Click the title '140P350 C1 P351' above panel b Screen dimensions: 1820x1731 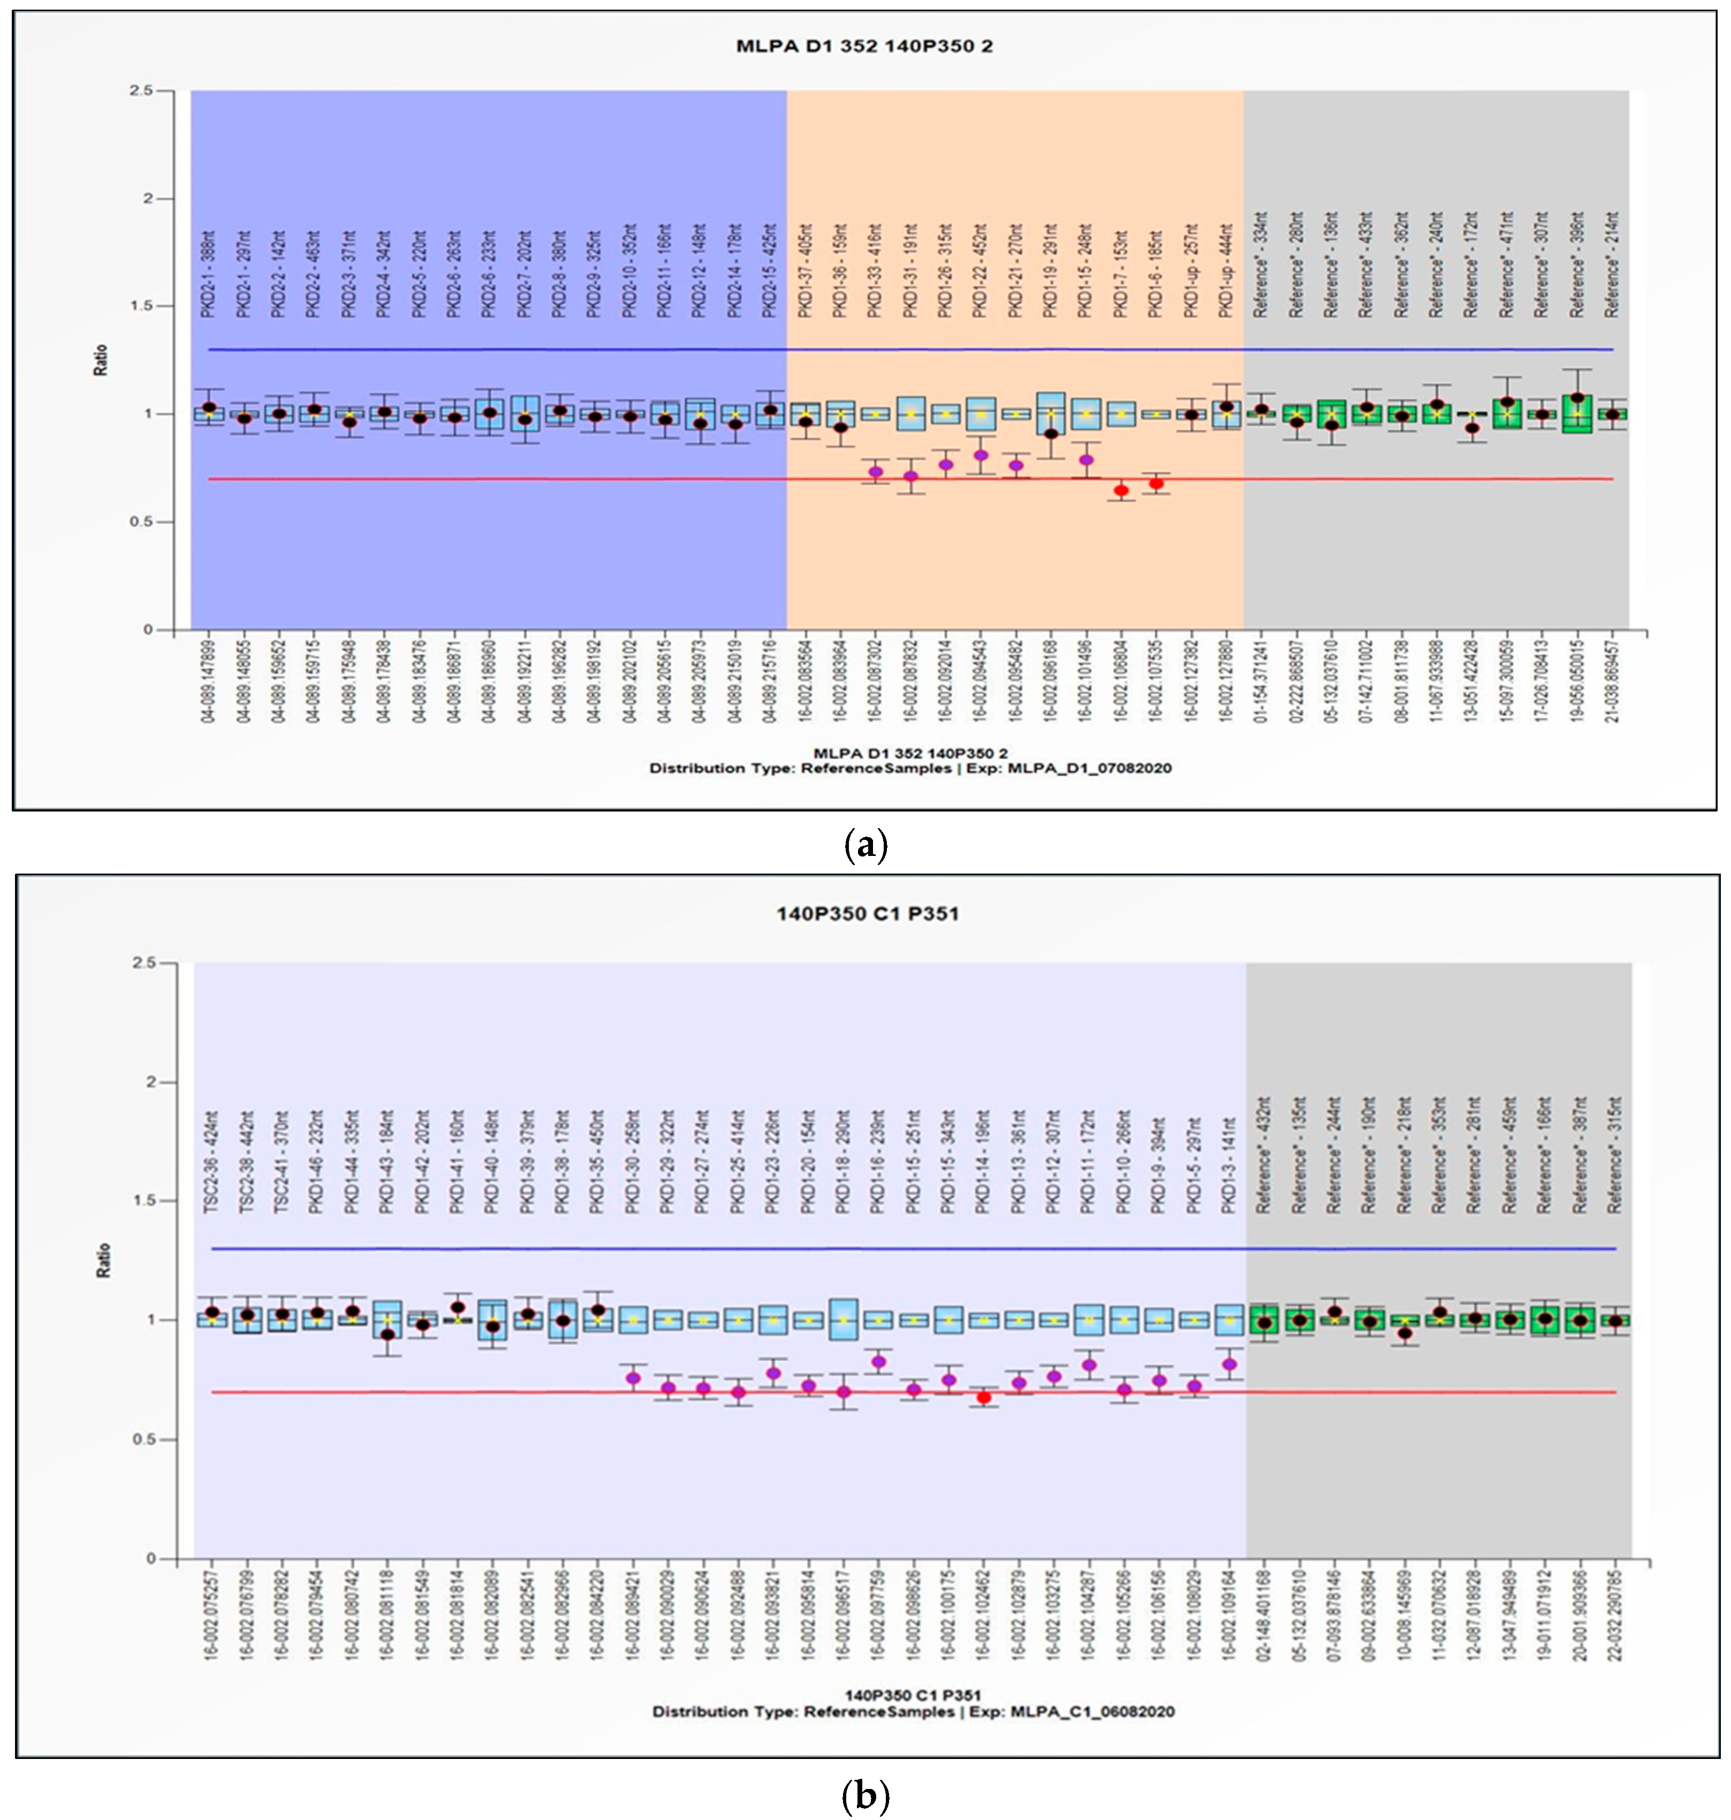coord(867,914)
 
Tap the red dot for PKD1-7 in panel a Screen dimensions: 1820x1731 coord(1121,491)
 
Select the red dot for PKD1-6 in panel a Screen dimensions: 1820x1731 coord(1156,483)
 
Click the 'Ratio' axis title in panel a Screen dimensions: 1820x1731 coord(101,360)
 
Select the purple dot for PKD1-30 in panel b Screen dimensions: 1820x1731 coord(633,1378)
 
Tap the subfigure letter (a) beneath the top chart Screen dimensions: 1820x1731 coord(865,845)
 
